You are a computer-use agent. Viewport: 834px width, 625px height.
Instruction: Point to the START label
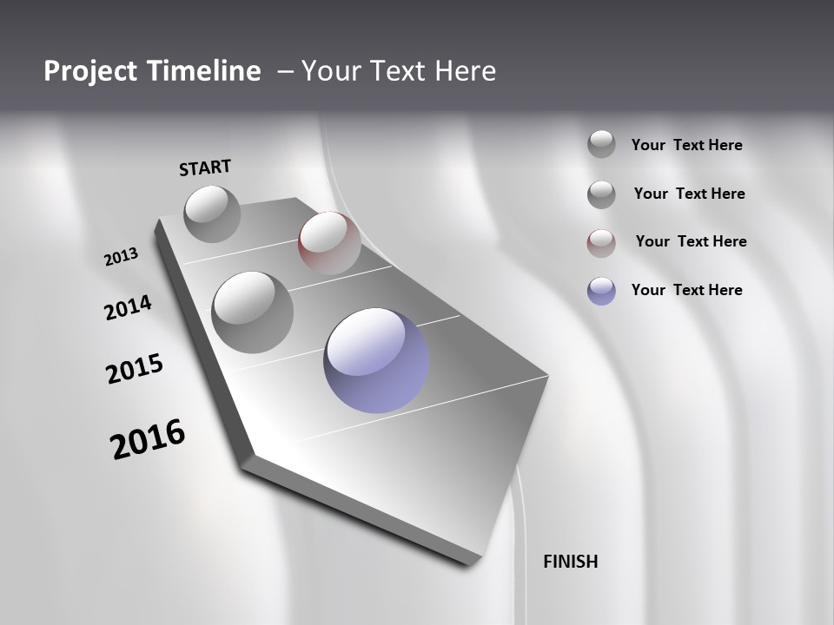coord(205,168)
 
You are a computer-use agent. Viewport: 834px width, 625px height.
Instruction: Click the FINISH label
coord(570,562)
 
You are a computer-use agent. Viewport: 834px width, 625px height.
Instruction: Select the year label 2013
coord(122,257)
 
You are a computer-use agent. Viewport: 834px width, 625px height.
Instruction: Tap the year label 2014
coord(129,307)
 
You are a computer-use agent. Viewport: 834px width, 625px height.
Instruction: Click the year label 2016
coord(148,439)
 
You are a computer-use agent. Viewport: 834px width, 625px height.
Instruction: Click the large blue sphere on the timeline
coord(376,360)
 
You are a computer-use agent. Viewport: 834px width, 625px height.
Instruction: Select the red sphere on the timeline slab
coord(329,242)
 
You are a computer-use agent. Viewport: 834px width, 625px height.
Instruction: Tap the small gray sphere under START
coord(212,214)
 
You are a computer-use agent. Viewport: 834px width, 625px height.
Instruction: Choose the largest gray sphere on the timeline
coord(253,312)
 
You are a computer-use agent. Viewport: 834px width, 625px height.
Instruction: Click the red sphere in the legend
coord(601,243)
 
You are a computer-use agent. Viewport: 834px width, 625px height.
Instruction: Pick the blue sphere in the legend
coord(601,291)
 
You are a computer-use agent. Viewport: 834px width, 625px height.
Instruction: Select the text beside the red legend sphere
coord(691,241)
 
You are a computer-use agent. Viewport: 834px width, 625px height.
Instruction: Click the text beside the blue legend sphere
coord(686,290)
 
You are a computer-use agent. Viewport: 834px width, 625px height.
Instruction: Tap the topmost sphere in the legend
coord(601,144)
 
